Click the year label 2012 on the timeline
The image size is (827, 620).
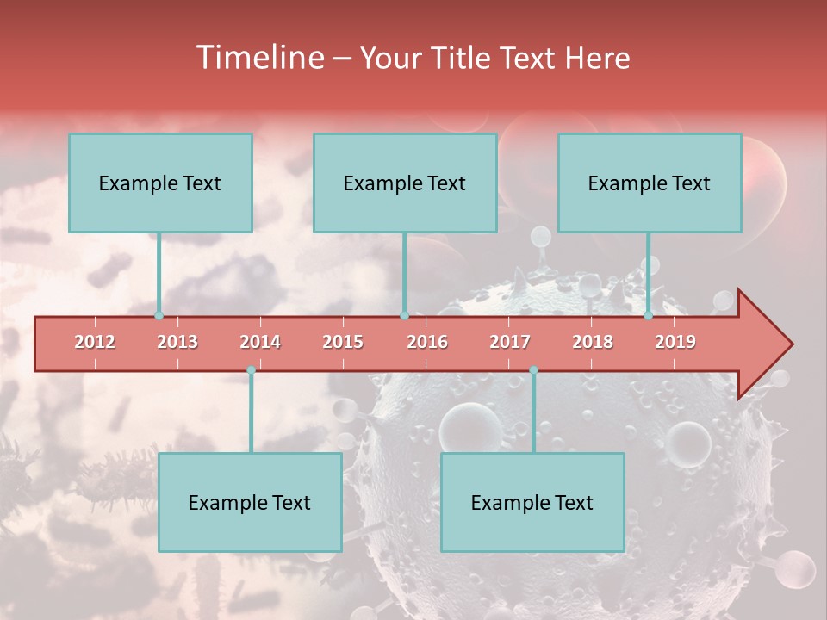95,342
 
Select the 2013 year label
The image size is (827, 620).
177,342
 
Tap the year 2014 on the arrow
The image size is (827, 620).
260,342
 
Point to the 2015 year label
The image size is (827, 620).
343,342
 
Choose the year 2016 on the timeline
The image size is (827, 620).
427,342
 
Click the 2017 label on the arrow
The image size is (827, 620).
510,342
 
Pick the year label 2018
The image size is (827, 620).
593,342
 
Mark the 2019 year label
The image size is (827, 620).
675,342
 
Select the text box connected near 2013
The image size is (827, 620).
160,183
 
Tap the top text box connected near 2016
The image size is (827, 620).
405,183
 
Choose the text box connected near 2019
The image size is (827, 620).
650,183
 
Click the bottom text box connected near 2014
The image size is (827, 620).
250,502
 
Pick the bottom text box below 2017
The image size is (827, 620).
532,502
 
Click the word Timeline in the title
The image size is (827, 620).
259,58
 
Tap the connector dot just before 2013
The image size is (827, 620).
159,315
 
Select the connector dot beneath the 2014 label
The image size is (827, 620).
251,369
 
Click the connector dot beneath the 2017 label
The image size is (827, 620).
533,369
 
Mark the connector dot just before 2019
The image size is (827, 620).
648,315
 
